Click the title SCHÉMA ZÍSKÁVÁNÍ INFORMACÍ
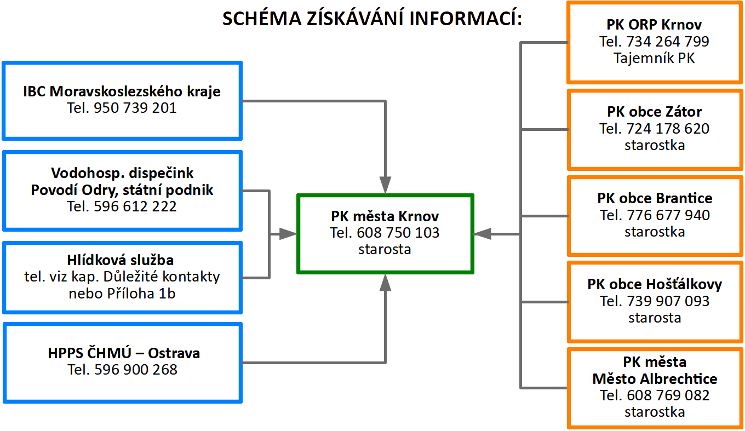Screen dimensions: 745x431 coord(372,18)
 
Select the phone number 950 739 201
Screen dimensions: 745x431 coord(135,108)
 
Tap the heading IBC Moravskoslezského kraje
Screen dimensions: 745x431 coord(122,91)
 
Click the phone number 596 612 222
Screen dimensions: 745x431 coord(135,206)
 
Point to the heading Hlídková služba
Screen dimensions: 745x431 coord(121,260)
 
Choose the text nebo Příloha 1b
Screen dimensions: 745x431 coord(122,294)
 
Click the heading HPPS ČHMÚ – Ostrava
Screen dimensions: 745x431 coord(124,353)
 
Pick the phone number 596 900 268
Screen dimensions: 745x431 coord(136,370)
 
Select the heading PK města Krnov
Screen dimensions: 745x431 coord(385,216)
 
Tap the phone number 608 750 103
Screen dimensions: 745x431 coord(398,233)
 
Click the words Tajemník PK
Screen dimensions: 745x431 coord(654,58)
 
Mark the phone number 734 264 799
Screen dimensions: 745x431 coord(668,42)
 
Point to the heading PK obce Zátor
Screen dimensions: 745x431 coord(655,112)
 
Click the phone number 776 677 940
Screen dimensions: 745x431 coord(668,215)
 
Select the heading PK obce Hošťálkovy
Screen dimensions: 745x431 coord(655,284)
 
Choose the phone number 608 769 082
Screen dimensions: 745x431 coord(668,395)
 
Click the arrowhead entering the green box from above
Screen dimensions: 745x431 coord(385,185)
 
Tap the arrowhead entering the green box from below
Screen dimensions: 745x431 coord(385,283)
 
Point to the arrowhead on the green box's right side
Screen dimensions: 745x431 coord(482,234)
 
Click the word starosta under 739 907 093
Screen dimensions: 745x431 coord(655,318)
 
